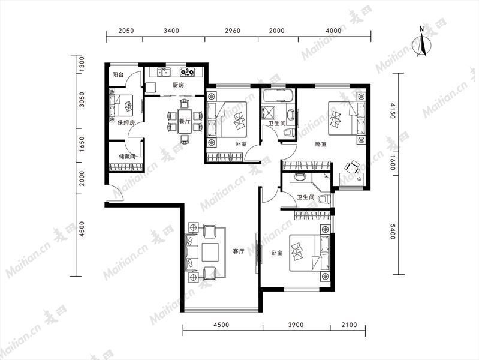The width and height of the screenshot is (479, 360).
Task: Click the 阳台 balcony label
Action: coord(118,74)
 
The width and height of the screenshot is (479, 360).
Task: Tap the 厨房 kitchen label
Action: coord(179,85)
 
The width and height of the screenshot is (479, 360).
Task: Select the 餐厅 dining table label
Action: coord(185,121)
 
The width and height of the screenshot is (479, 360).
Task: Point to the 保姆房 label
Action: coord(126,122)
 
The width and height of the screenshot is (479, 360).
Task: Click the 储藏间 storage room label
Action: coord(127,157)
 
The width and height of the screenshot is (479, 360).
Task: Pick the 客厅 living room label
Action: coord(239,252)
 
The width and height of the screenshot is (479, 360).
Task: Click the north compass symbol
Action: coord(422,42)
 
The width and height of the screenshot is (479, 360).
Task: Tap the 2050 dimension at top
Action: coord(126,31)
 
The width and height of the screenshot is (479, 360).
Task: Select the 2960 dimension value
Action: coord(233,31)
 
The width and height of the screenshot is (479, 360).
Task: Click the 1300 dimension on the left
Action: coord(82,65)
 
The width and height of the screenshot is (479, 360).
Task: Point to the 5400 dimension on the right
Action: coord(393,232)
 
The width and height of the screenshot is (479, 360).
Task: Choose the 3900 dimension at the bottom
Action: coord(296,325)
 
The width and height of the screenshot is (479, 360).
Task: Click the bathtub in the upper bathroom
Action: coord(278,95)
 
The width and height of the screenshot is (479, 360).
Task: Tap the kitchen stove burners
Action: coord(187,72)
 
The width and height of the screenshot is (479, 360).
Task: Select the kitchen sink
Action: coord(164,72)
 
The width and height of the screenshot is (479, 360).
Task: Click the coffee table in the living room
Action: coord(210,252)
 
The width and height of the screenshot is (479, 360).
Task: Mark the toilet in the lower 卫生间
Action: coord(324,199)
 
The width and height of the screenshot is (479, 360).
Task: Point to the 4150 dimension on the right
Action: coord(393,111)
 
